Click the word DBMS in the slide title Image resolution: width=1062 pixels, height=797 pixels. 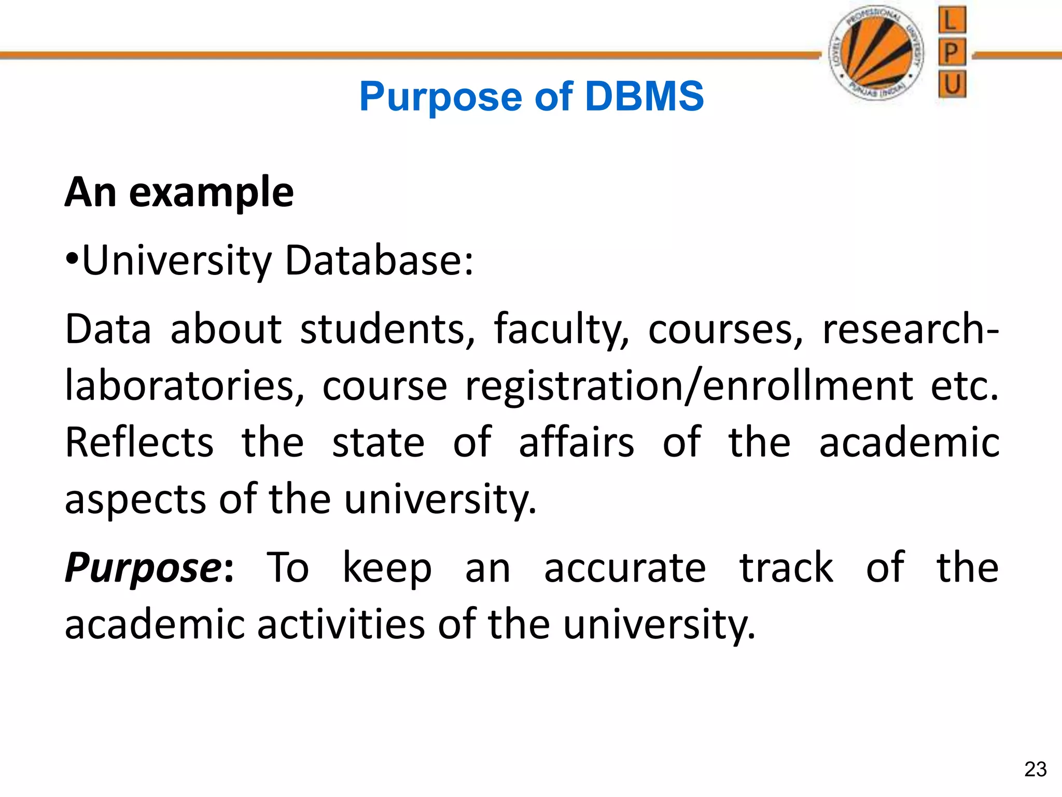pos(644,97)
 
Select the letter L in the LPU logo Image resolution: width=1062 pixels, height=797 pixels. pos(952,21)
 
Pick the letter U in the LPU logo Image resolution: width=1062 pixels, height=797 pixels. pos(952,84)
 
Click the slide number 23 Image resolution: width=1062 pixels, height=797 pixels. pos(1035,769)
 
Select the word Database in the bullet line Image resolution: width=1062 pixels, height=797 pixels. pos(379,260)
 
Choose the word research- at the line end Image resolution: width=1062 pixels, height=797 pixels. pos(911,329)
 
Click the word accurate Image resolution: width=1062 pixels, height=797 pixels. pos(625,568)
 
